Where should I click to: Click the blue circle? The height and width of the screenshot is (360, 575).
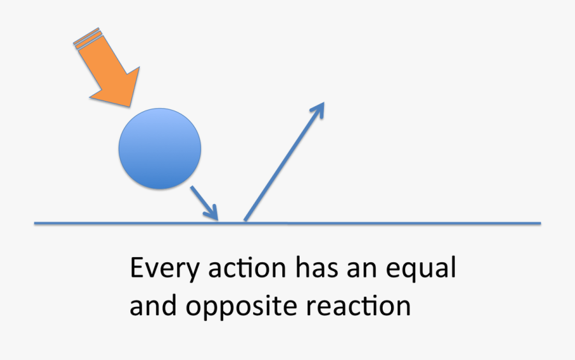160,148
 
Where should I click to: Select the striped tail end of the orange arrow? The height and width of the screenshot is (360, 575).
87,36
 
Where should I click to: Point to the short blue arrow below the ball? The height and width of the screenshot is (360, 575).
204,203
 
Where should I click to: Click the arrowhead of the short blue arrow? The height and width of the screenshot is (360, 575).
214,214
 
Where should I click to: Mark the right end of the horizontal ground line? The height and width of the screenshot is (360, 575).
540,223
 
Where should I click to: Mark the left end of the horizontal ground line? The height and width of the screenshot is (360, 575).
35,223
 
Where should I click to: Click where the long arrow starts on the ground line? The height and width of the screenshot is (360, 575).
245,221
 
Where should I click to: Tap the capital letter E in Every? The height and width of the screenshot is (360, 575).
137,268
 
